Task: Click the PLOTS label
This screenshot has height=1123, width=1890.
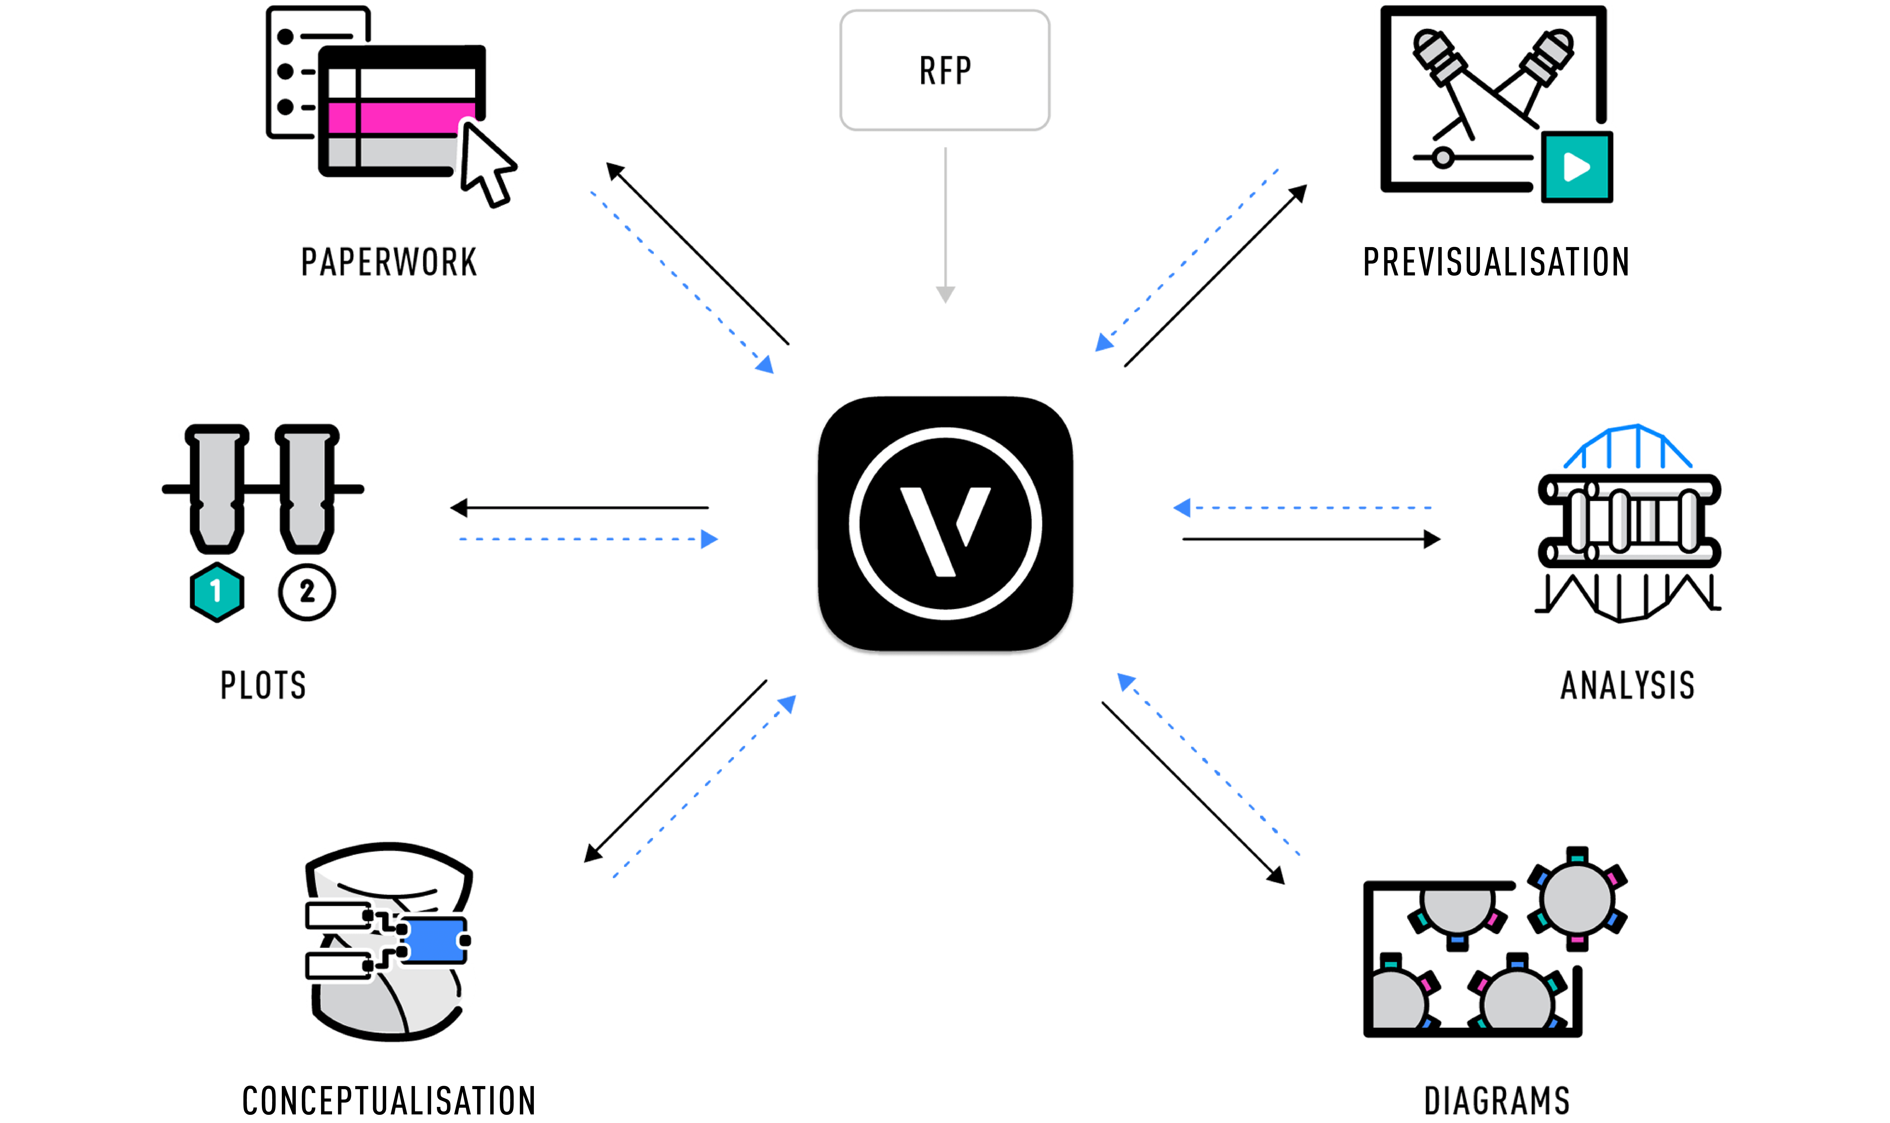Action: click(263, 686)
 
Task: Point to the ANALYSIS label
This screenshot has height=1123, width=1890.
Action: click(1627, 686)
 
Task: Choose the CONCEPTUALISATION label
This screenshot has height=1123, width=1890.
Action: click(388, 1101)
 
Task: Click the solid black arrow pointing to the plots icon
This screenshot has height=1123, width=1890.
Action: click(579, 508)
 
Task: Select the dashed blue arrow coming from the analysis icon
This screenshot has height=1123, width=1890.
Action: click(1302, 508)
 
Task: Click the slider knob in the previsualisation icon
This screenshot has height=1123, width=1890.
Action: click(1443, 158)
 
